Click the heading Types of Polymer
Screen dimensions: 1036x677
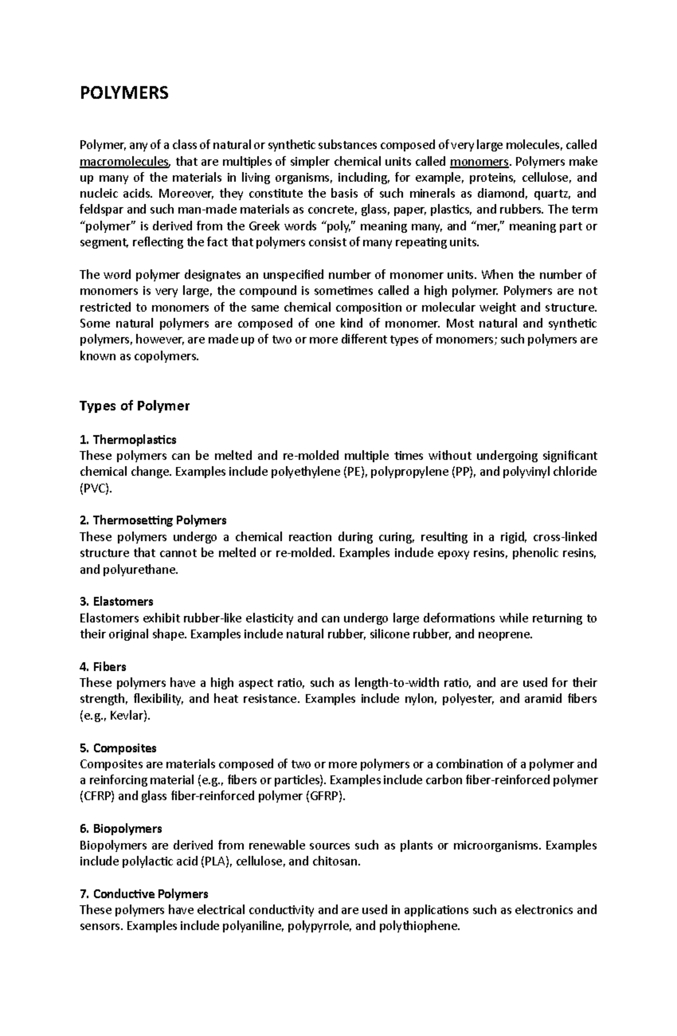click(135, 406)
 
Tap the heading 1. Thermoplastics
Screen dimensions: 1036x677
click(128, 439)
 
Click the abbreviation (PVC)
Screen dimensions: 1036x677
click(96, 489)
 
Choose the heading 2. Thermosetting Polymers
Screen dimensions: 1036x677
click(153, 520)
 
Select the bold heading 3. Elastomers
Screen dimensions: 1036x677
click(117, 602)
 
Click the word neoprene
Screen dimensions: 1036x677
click(504, 635)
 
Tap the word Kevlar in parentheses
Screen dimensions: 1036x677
click(129, 716)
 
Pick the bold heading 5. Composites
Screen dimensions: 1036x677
click(118, 748)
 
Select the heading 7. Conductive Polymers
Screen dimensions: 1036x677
click(144, 894)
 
